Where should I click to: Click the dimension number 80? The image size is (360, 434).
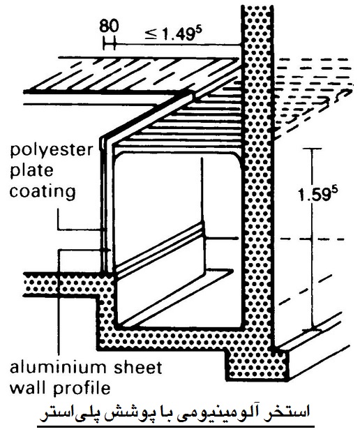[109, 27]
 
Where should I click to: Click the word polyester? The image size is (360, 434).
[51, 151]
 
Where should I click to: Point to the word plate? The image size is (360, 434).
[31, 170]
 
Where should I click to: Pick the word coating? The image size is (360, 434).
[43, 191]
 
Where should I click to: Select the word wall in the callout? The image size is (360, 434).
[27, 388]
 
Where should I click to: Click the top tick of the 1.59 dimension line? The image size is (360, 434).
[312, 149]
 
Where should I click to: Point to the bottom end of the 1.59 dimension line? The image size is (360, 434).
[312, 330]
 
